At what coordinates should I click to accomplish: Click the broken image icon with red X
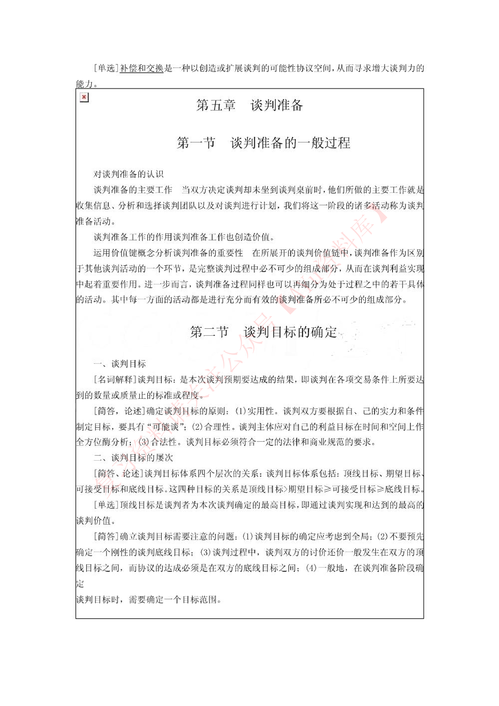[x=84, y=97]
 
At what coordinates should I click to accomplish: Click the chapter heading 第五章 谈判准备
[x=250, y=105]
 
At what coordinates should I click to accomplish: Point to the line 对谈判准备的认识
[x=128, y=174]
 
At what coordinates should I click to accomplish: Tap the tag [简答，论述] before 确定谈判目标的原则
[x=120, y=411]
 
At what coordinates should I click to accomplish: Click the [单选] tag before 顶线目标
[x=107, y=505]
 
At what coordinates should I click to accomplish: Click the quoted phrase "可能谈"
[x=166, y=427]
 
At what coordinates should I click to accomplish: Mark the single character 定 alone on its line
[x=80, y=583]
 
